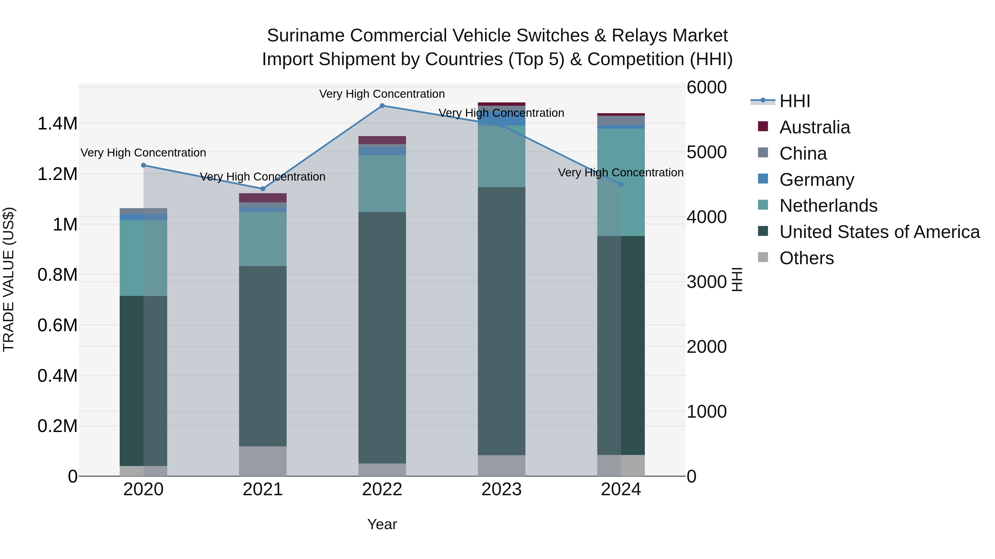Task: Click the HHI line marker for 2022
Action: pos(382,106)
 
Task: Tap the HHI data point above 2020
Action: pos(143,165)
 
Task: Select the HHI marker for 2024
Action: pos(621,184)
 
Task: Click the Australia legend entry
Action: pos(814,127)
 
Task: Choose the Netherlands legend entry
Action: pos(828,206)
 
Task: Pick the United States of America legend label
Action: pos(879,232)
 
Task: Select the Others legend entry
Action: pos(806,258)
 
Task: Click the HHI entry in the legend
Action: pos(795,101)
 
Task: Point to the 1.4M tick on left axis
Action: pos(57,124)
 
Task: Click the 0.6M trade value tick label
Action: pos(57,325)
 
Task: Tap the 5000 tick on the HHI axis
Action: pos(706,152)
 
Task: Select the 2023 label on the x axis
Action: pos(501,489)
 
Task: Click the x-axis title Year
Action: pos(382,524)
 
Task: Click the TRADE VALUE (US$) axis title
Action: pos(9,279)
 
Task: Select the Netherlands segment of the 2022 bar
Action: pos(382,184)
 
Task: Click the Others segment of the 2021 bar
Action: pos(263,461)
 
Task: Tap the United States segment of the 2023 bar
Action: pos(501,321)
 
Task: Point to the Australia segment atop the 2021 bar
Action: pos(263,198)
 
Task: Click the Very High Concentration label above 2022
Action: pos(382,94)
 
